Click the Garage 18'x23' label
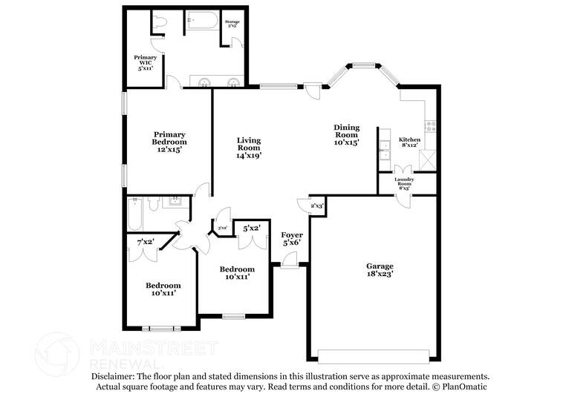click(379, 269)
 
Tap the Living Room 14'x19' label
click(249, 148)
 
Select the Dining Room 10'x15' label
click(346, 135)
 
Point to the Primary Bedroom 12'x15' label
click(169, 142)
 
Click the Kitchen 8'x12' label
click(410, 142)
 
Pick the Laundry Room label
click(405, 183)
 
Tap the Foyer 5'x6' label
click(292, 238)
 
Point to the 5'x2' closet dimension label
click(251, 228)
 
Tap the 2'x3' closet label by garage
click(317, 205)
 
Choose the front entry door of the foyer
click(290, 261)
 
